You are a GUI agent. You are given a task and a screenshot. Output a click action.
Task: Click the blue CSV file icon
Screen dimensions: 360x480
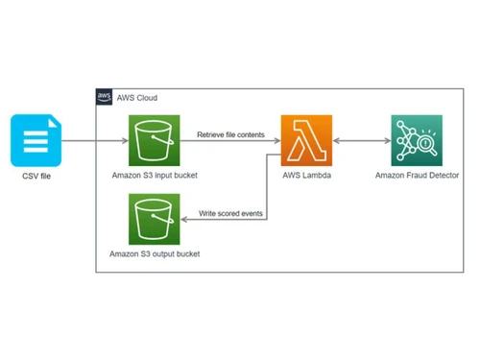(x=34, y=141)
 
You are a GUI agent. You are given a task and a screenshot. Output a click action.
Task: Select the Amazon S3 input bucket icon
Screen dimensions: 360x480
(x=155, y=141)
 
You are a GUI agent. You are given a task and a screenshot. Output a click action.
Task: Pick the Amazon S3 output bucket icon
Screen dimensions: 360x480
(x=155, y=220)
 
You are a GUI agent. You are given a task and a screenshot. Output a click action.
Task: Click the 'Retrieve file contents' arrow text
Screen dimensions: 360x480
(x=230, y=135)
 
